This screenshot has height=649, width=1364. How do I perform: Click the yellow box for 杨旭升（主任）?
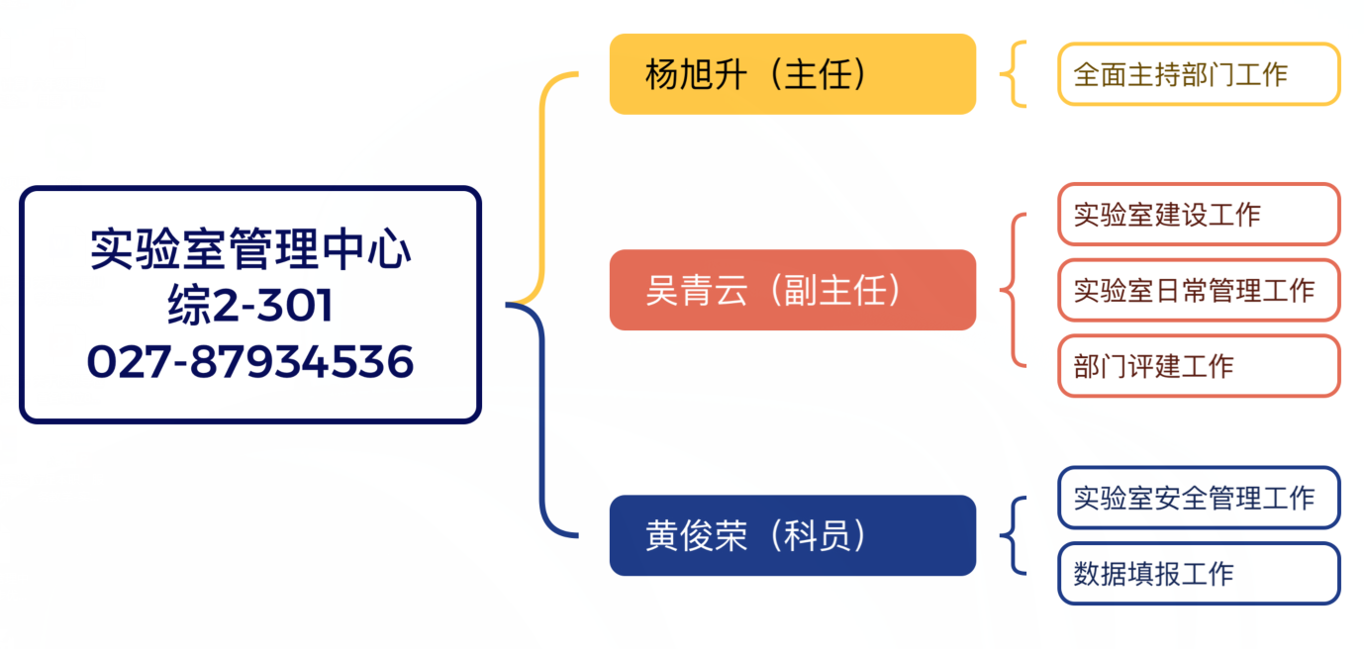tap(792, 74)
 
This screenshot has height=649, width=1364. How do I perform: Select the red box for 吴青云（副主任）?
tap(792, 290)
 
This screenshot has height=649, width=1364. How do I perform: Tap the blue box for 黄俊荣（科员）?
tap(792, 535)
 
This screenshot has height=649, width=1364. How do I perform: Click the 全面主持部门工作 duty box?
tap(1198, 74)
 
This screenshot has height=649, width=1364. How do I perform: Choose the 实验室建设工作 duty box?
tap(1198, 214)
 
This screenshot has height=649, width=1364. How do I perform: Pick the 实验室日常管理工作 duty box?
tap(1198, 290)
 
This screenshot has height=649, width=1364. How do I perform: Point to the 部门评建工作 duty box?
tap(1198, 366)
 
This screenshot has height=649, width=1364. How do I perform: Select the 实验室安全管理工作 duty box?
tap(1198, 498)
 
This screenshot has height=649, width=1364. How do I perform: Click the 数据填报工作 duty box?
tap(1198, 574)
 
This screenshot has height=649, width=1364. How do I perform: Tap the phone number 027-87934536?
tap(250, 362)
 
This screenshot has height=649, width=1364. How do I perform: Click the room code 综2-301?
tap(250, 306)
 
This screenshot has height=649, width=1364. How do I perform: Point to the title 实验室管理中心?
tap(250, 249)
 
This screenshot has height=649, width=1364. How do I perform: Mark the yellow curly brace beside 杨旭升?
tap(1013, 74)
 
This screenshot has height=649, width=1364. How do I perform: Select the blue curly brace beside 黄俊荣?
tap(1011, 535)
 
